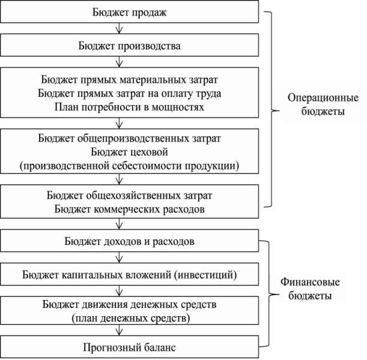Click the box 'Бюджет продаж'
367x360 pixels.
pyautogui.click(x=129, y=11)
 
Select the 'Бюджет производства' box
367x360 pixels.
pyautogui.click(x=129, y=45)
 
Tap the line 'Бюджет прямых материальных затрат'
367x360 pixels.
pyautogui.click(x=129, y=80)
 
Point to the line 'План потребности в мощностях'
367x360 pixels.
pyautogui.click(x=129, y=107)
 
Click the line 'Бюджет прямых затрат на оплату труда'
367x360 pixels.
pyautogui.click(x=129, y=94)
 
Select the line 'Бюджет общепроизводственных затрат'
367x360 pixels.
pyautogui.click(x=129, y=139)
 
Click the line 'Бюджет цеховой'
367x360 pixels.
pyautogui.click(x=129, y=152)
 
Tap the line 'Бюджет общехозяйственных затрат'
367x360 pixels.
pyautogui.click(x=129, y=196)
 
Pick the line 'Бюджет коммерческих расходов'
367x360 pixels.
pyautogui.click(x=129, y=209)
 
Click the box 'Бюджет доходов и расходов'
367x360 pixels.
pyautogui.click(x=129, y=241)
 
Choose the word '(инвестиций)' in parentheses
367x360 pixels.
pyautogui.click(x=205, y=275)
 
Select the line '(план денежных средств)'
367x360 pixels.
pyautogui.click(x=131, y=318)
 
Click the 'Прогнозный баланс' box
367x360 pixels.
pyautogui.click(x=129, y=347)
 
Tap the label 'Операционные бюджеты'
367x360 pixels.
pyautogui.click(x=323, y=104)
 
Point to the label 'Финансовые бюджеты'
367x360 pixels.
pyautogui.click(x=310, y=289)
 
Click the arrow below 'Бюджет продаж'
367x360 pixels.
pyautogui.click(x=120, y=28)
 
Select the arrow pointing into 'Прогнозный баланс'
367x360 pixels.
pyautogui.click(x=120, y=330)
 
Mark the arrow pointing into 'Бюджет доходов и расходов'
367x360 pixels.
pyautogui.click(x=120, y=224)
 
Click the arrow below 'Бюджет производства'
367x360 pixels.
pyautogui.click(x=120, y=62)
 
